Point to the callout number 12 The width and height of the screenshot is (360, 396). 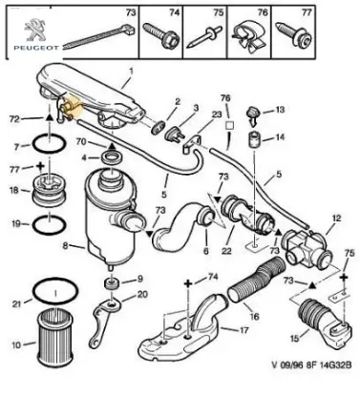[x=332, y=219]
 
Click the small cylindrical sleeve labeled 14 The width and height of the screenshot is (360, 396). [x=255, y=142]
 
